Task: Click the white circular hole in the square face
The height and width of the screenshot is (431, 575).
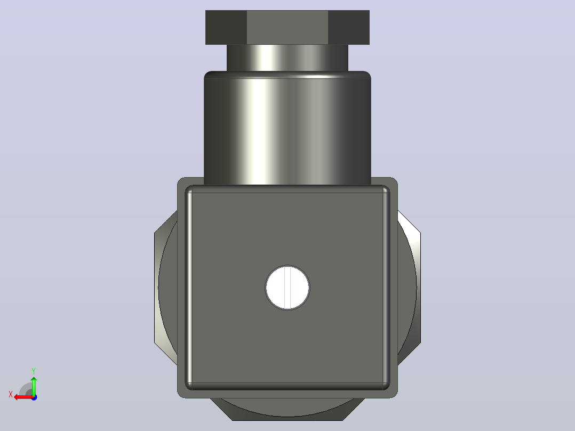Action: pos(287,288)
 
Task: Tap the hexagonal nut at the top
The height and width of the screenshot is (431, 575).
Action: pos(287,28)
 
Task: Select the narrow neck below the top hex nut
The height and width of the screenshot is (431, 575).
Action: pos(287,58)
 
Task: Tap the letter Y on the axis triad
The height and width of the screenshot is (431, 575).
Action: pos(34,371)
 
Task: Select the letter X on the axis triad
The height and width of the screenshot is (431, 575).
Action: pos(11,394)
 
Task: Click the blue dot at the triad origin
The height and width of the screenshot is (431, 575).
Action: pos(34,397)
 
